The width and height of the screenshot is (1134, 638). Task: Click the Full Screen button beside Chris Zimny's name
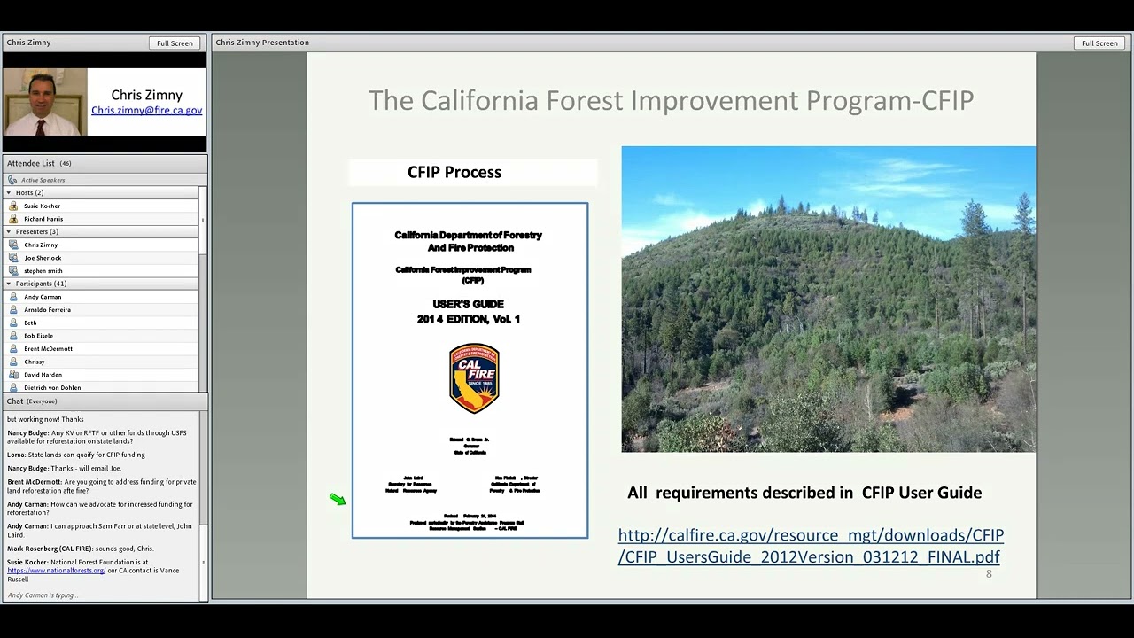[175, 43]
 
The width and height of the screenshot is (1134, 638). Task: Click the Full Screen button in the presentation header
[1099, 43]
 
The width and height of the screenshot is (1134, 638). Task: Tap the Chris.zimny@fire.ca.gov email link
[146, 111]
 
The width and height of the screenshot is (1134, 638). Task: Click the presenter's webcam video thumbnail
[45, 102]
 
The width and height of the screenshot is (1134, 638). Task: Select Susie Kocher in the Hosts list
[42, 206]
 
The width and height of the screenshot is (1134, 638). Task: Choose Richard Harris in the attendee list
[43, 219]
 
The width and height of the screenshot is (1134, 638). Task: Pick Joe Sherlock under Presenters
[43, 258]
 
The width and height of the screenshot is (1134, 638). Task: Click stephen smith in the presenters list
[43, 271]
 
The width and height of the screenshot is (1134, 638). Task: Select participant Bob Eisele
[38, 336]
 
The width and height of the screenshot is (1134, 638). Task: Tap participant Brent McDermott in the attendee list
[48, 349]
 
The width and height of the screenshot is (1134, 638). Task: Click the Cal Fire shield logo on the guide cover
[474, 378]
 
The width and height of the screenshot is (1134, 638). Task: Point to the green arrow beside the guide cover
[338, 500]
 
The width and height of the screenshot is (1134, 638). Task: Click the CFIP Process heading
[454, 172]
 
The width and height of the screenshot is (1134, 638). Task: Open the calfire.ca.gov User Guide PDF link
[810, 546]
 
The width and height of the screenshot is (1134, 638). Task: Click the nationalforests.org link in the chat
[56, 571]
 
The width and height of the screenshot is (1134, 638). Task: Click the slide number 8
[989, 574]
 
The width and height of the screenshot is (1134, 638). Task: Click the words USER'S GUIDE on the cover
[468, 304]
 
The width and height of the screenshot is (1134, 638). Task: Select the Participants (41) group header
[41, 284]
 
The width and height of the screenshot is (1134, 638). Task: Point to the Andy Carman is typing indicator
[43, 595]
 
